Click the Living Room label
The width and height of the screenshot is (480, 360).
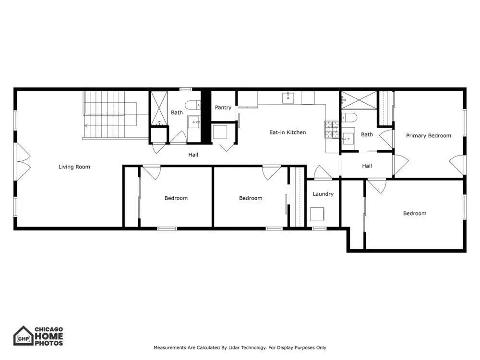(x=74, y=167)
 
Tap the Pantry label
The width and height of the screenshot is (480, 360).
(x=223, y=108)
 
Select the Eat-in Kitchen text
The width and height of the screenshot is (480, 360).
(x=288, y=132)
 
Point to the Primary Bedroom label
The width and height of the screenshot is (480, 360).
(x=429, y=136)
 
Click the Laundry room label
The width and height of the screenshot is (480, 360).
(x=323, y=194)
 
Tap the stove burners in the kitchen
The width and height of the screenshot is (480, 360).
(x=332, y=130)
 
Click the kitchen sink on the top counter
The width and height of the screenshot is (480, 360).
(x=288, y=98)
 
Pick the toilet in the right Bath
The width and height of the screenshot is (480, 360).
(x=349, y=118)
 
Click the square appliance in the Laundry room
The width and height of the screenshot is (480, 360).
(x=317, y=214)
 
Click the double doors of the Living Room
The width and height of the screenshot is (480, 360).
(x=24, y=162)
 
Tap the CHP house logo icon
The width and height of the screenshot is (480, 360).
(x=23, y=336)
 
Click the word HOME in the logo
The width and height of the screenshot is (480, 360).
(x=49, y=336)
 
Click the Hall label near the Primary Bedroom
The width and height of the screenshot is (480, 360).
(x=367, y=166)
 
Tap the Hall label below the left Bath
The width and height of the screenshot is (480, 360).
(x=193, y=155)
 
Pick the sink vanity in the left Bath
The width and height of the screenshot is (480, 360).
(x=194, y=122)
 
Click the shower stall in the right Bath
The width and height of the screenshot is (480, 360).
(x=359, y=100)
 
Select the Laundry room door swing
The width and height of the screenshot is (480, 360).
(x=323, y=172)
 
